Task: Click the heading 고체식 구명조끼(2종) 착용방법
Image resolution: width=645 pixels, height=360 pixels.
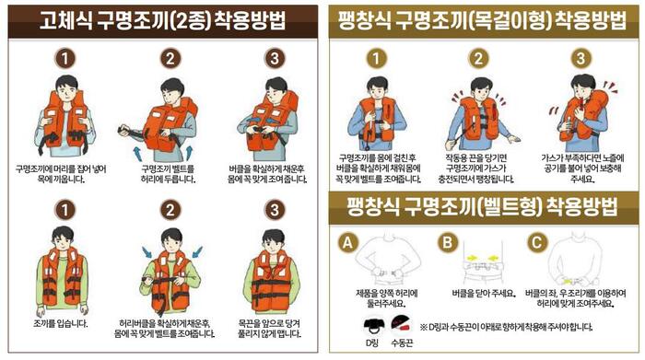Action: point(162,20)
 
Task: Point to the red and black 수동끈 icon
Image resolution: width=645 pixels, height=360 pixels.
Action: point(402,324)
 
